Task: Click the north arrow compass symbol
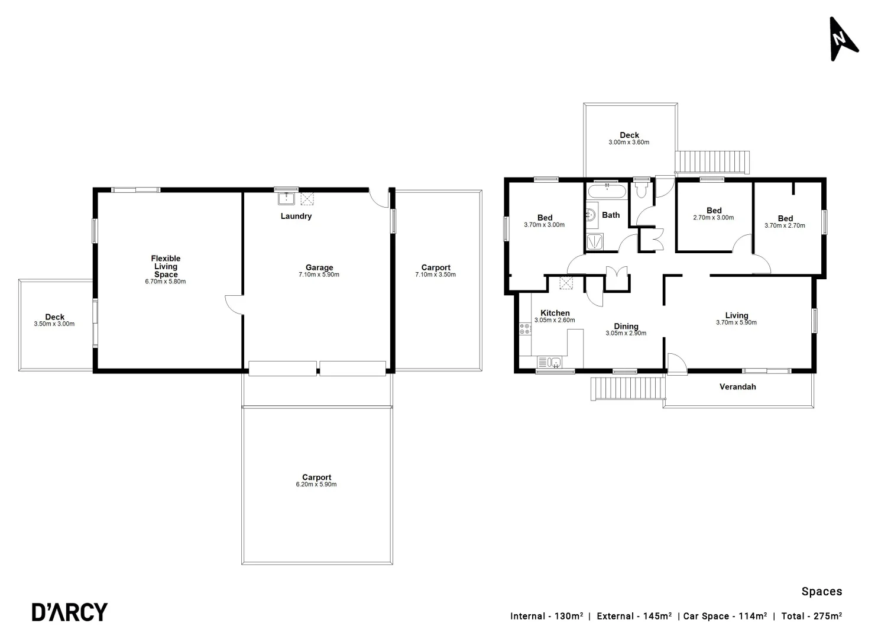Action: tap(842, 39)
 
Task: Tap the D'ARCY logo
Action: tap(69, 612)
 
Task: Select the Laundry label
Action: tap(296, 216)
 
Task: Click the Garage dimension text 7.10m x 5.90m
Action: tap(319, 275)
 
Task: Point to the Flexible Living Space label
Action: tap(166, 266)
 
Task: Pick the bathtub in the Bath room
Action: tap(606, 192)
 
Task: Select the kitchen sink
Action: tap(549, 362)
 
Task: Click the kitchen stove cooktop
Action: tap(524, 329)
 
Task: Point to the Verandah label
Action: tap(737, 387)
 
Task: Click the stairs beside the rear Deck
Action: tap(712, 162)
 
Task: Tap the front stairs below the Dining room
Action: tap(628, 388)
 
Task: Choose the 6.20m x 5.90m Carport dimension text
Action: tap(316, 485)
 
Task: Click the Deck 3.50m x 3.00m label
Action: tap(54, 320)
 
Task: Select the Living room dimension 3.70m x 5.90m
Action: tap(736, 322)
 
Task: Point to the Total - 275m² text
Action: tap(811, 616)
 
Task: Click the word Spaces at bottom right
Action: tap(821, 591)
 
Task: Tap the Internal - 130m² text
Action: tap(546, 616)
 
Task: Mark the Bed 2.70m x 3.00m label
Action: tap(714, 214)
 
